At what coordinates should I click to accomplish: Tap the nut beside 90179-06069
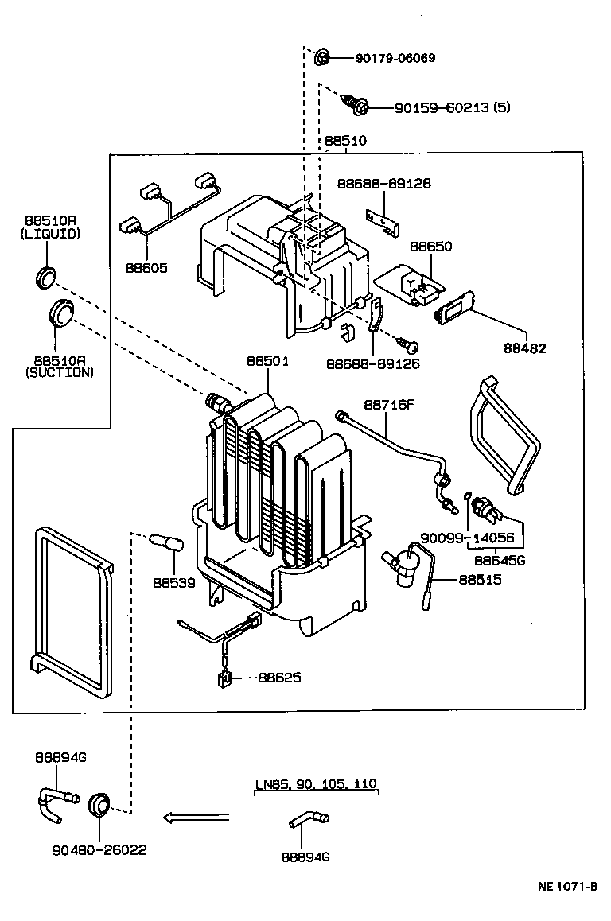(x=322, y=57)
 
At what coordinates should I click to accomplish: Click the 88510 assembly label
(x=345, y=141)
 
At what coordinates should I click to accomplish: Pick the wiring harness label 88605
(x=146, y=268)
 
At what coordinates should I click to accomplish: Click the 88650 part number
(x=430, y=247)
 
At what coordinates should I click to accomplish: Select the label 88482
(x=524, y=348)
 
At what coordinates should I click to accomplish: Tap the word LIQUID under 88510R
(x=51, y=234)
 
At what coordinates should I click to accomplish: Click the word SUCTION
(x=59, y=371)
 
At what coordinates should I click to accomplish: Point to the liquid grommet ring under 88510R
(x=47, y=276)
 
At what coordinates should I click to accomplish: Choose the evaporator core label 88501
(x=267, y=360)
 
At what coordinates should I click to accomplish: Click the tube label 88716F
(x=390, y=404)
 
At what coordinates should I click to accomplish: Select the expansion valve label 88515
(x=480, y=580)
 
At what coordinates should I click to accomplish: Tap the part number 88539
(x=174, y=582)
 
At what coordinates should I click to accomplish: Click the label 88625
(x=279, y=678)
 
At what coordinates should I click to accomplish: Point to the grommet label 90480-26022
(x=99, y=850)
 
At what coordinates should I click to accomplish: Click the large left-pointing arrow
(x=195, y=817)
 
